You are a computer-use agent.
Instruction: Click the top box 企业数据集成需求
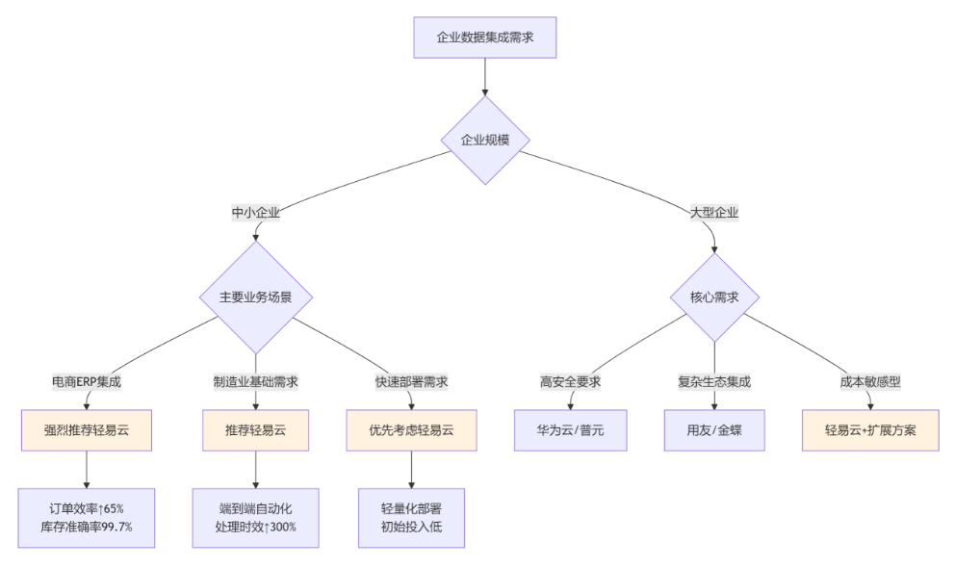click(x=484, y=38)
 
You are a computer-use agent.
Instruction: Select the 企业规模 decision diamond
click(x=484, y=140)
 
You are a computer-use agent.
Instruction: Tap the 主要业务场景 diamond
click(x=255, y=297)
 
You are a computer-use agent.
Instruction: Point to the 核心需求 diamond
click(x=714, y=297)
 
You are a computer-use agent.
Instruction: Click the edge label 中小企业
click(x=255, y=213)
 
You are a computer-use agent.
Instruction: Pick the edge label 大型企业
click(x=714, y=213)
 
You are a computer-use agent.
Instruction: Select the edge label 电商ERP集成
click(x=87, y=382)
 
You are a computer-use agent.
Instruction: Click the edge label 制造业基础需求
click(x=255, y=382)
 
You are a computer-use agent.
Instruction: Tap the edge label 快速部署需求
click(x=412, y=382)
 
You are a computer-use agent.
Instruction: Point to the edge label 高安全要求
click(x=570, y=382)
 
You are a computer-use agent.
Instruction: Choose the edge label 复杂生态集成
click(x=714, y=382)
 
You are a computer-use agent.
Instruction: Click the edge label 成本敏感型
click(x=870, y=382)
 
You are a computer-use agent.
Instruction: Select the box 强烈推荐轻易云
click(x=87, y=430)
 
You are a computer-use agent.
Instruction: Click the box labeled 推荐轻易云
click(x=255, y=430)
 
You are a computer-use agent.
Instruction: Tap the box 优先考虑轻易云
click(x=412, y=430)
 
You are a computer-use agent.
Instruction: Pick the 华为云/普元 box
click(x=570, y=430)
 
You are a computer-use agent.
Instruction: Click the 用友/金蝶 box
click(x=714, y=430)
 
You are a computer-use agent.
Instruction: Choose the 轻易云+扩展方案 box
click(x=870, y=430)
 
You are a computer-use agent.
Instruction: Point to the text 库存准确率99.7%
click(x=87, y=528)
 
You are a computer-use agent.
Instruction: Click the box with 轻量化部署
click(x=412, y=518)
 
